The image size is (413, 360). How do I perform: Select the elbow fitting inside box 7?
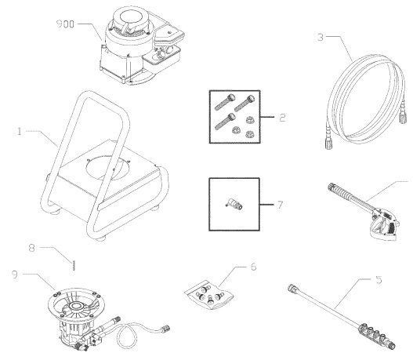[234, 206]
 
